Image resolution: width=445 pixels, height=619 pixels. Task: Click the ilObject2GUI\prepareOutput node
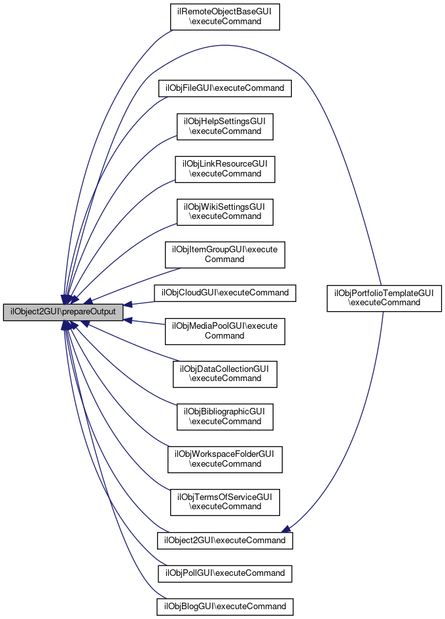pos(63,312)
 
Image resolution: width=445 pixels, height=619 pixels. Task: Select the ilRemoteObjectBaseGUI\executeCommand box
pos(225,16)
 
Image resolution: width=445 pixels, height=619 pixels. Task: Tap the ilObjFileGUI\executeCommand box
pos(224,88)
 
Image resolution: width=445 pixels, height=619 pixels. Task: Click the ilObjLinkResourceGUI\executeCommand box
pos(224,169)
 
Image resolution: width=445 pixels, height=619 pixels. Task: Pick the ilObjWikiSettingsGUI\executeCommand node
pos(224,211)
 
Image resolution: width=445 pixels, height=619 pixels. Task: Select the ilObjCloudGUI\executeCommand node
pos(224,292)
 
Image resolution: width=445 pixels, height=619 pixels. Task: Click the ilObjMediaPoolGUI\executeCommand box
pos(224,331)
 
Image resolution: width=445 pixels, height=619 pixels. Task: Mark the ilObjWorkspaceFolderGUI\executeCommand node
pos(224,459)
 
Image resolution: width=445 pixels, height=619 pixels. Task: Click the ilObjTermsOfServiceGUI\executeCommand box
pos(224,501)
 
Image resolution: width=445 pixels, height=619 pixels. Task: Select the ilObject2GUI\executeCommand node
pos(224,541)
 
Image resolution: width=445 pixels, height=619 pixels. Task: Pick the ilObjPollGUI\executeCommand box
pos(224,573)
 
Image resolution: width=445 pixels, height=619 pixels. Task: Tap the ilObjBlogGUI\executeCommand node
pos(224,606)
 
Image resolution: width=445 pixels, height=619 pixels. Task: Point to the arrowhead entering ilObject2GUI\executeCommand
pos(287,529)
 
